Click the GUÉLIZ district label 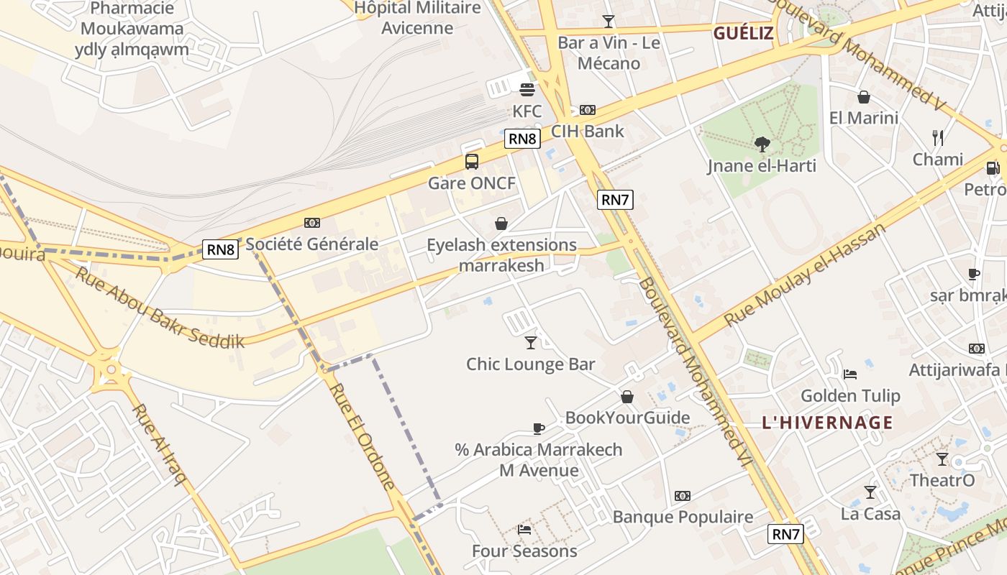click(743, 33)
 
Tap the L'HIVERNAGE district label click(827, 423)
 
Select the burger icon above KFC click(527, 90)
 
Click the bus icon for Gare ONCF click(472, 162)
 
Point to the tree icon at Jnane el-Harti click(762, 144)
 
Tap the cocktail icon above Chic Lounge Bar click(531, 343)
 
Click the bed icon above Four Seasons click(524, 530)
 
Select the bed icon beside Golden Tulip click(849, 374)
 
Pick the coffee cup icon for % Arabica click(538, 428)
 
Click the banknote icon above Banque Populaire click(683, 496)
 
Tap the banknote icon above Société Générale click(312, 223)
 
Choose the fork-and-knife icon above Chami click(937, 138)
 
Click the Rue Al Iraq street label click(159, 445)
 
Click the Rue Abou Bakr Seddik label click(160, 308)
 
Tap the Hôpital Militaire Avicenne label click(418, 18)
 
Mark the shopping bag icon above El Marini click(864, 97)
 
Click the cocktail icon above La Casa click(870, 492)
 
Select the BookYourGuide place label click(627, 418)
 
